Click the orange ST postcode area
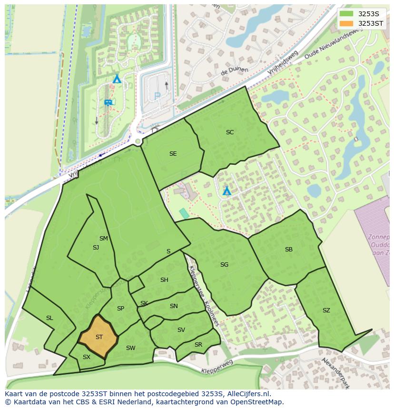pos(98,337)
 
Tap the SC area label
pos(230,132)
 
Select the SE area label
pos(173,154)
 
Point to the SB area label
pos(288,250)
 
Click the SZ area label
pos(326,310)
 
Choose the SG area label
pos(224,265)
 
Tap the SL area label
pos(49,318)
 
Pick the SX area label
pos(86,357)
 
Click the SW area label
pos(130,348)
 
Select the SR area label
pos(198,345)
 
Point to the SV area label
pos(181,330)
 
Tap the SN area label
pos(174,306)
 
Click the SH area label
pos(164,280)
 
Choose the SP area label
pos(120,309)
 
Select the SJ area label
pos(96,248)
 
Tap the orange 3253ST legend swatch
pos(346,23)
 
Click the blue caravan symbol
pos(108,102)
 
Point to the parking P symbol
pos(157,96)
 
